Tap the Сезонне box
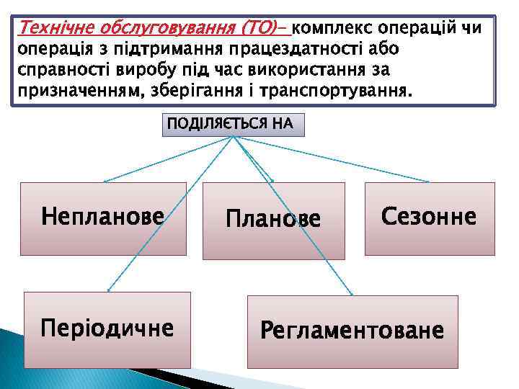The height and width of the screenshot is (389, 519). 430,218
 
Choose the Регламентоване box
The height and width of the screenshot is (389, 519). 352,332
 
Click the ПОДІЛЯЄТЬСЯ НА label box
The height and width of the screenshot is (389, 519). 231,125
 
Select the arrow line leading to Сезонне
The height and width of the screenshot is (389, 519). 332,159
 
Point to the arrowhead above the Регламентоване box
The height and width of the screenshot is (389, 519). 351,294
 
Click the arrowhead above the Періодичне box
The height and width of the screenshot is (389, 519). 108,290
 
